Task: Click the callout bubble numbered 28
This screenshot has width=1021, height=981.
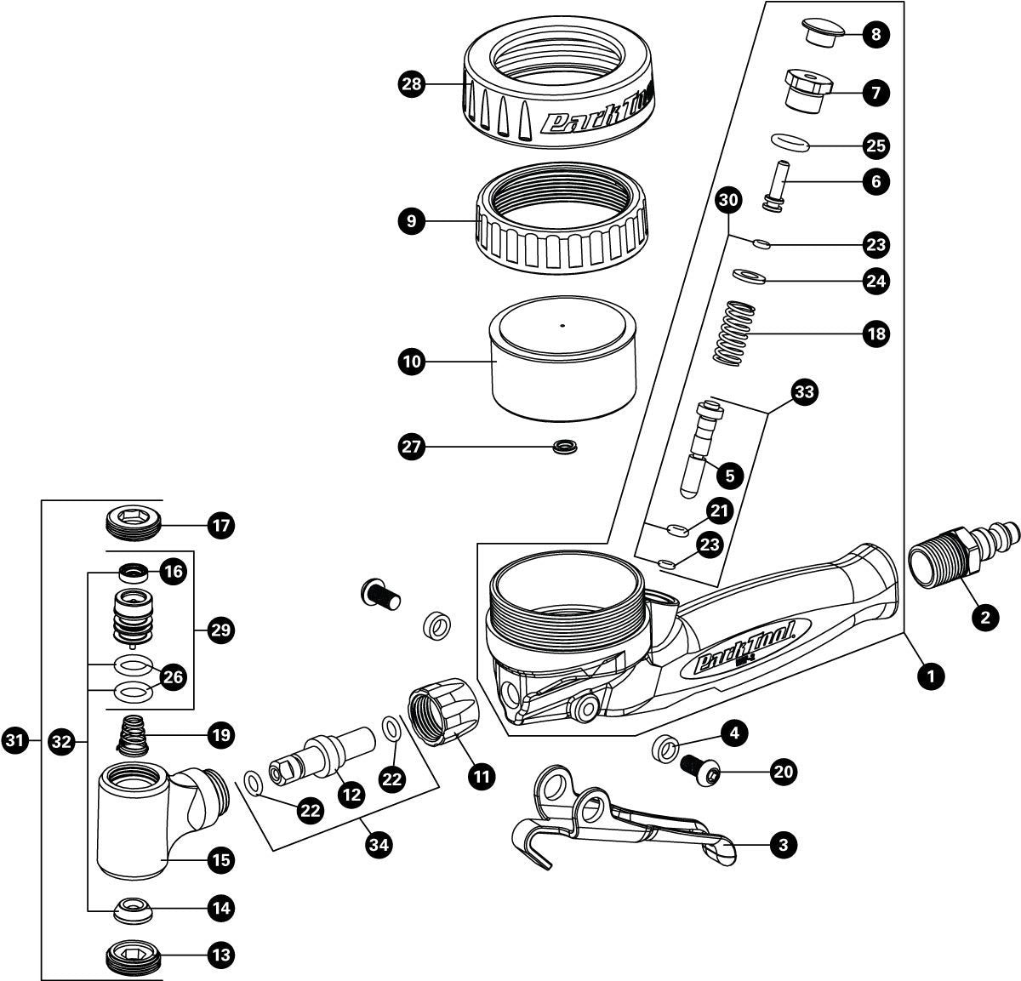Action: tap(412, 83)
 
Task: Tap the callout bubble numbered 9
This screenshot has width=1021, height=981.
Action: tap(412, 222)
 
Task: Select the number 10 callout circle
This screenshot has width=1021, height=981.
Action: tap(412, 362)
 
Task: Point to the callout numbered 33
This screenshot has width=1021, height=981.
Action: tap(804, 392)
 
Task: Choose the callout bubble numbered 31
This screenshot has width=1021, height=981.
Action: tap(15, 740)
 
